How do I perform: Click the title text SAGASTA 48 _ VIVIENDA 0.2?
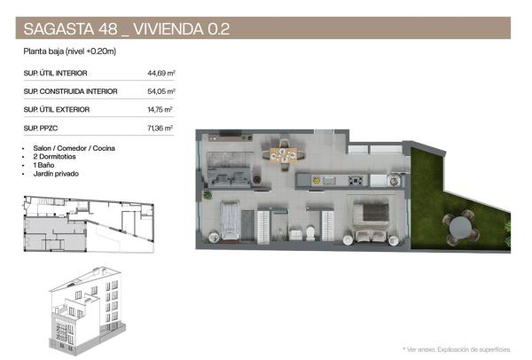[x=126, y=27]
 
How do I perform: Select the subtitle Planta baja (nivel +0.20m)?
[x=71, y=52]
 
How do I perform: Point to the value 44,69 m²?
[x=160, y=73]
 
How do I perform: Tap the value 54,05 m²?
[x=160, y=91]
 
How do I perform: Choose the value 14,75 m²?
[x=160, y=110]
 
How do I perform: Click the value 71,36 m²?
[x=160, y=129]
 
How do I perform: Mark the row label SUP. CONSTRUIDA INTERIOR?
[x=70, y=91]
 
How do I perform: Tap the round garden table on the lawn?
[x=459, y=227]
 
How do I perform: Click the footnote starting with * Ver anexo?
[x=457, y=349]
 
